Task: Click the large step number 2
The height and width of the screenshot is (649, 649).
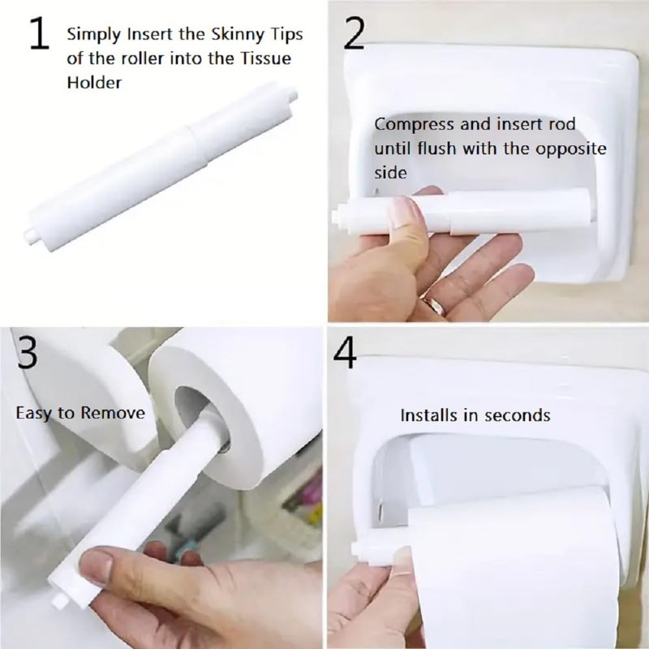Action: click(355, 35)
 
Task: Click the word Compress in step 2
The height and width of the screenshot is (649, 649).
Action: click(408, 124)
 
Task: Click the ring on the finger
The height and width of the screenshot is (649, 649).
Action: click(436, 305)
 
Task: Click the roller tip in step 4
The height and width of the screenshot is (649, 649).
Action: click(357, 548)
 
